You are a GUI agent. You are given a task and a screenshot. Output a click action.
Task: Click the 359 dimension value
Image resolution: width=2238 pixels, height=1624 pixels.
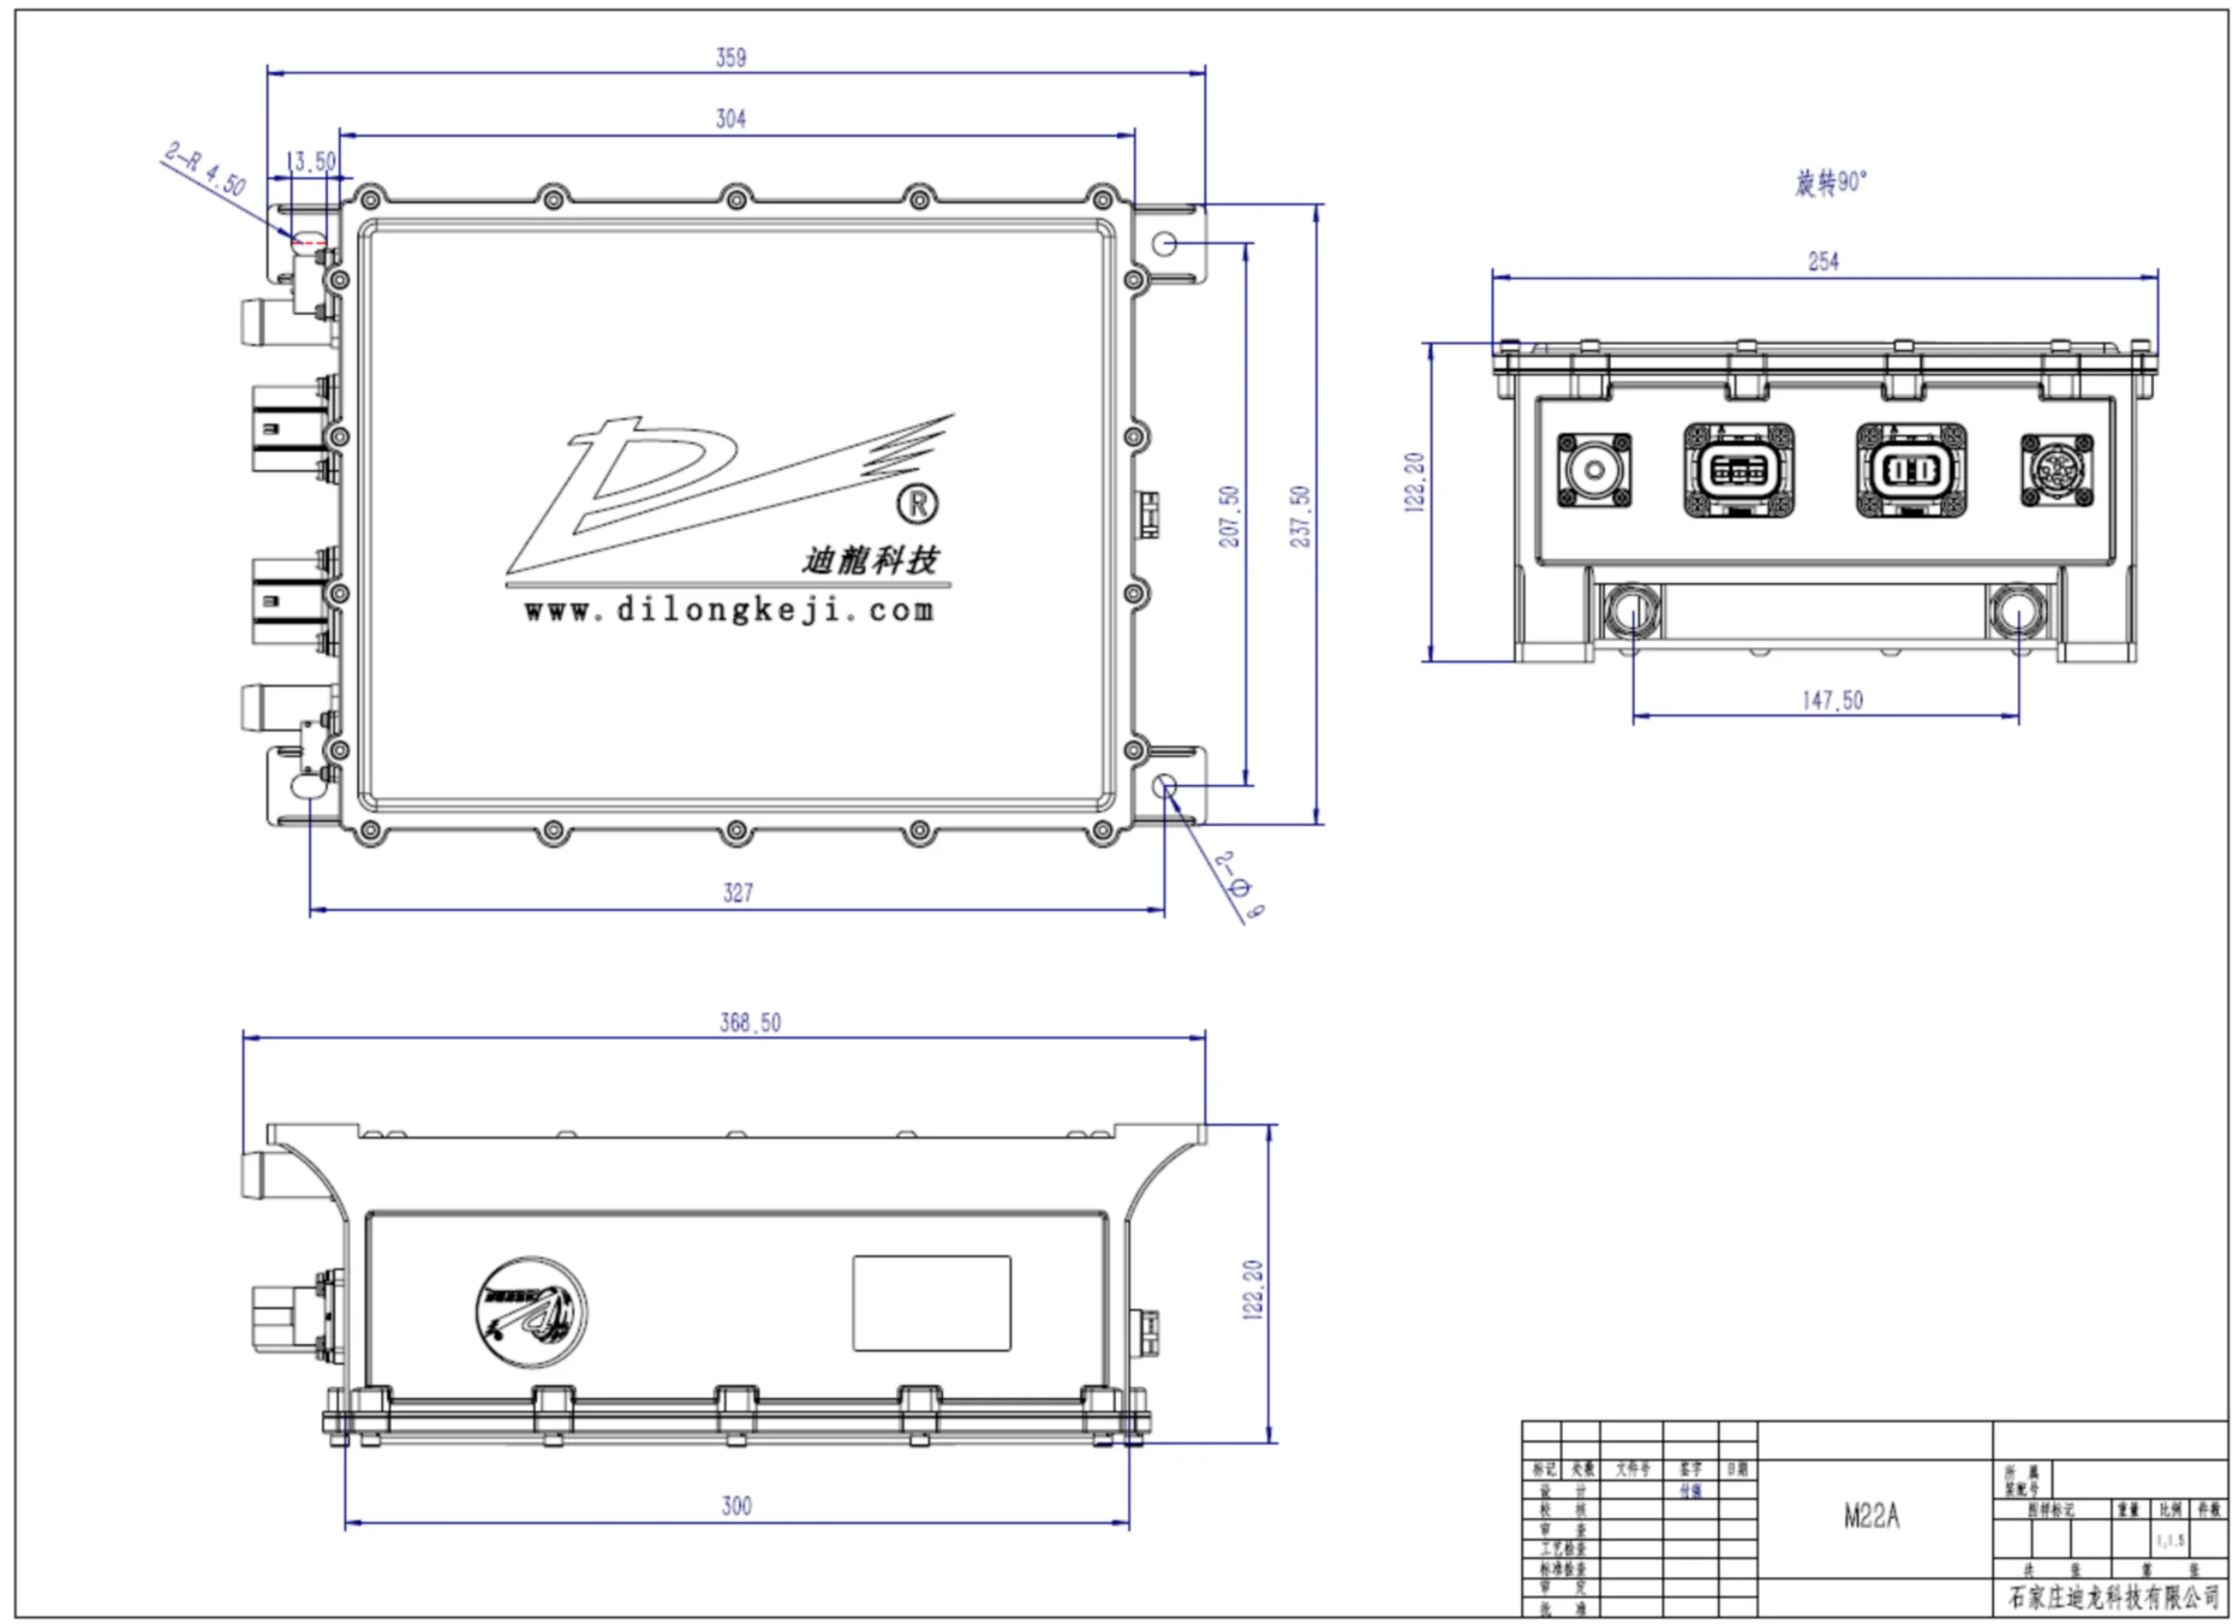pyautogui.click(x=732, y=57)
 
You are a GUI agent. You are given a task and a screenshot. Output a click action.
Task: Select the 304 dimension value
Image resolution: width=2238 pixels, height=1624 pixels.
pyautogui.click(x=732, y=118)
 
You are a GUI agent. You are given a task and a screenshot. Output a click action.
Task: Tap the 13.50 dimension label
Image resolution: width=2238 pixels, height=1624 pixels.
pyautogui.click(x=311, y=161)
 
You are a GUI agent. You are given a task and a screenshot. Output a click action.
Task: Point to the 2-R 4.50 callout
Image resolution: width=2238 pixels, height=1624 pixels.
pyautogui.click(x=205, y=169)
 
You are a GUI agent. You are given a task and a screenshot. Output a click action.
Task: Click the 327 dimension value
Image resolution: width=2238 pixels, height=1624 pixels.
pyautogui.click(x=738, y=893)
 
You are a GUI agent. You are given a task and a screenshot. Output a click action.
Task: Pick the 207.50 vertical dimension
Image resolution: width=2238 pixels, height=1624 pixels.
pyautogui.click(x=1228, y=516)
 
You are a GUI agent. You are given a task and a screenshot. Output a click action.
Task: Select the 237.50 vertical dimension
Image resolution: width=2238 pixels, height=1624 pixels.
pyautogui.click(x=1300, y=516)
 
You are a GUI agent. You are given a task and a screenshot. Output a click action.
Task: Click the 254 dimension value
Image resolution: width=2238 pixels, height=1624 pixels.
pyautogui.click(x=1822, y=261)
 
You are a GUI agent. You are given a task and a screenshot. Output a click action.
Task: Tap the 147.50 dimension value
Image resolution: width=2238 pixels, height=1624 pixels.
pyautogui.click(x=1833, y=700)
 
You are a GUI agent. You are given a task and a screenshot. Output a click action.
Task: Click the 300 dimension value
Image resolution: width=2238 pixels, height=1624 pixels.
pyautogui.click(x=736, y=1506)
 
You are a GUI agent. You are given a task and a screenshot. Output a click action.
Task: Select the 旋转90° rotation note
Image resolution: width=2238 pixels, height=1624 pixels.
pyautogui.click(x=1831, y=183)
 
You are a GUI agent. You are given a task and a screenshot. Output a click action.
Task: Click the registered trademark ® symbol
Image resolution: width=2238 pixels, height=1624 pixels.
pyautogui.click(x=918, y=504)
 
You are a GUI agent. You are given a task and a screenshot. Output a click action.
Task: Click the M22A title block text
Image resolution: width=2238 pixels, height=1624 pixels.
pyautogui.click(x=1871, y=1517)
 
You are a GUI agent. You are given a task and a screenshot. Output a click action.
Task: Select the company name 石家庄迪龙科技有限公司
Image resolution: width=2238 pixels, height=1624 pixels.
pyautogui.click(x=2113, y=1595)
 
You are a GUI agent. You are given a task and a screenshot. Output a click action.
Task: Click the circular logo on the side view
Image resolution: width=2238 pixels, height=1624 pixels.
pyautogui.click(x=531, y=1312)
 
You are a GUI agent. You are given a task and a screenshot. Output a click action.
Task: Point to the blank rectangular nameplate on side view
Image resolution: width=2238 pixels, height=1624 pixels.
pyautogui.click(x=932, y=1303)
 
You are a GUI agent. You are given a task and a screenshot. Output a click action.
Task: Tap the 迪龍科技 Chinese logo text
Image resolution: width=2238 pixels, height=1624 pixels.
pyautogui.click(x=869, y=561)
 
